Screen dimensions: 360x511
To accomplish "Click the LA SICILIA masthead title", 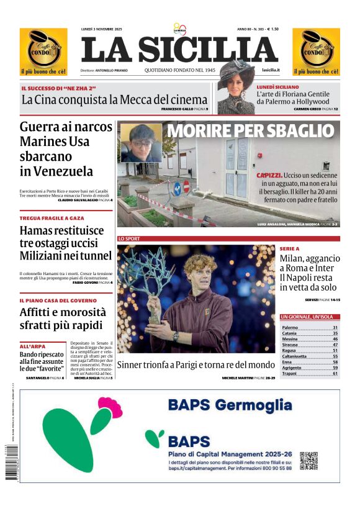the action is click(179, 49).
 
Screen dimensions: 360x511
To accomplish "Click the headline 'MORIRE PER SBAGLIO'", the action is click(250, 131).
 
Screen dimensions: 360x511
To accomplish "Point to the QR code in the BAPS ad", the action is click(308, 461).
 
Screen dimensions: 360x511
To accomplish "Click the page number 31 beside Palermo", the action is click(335, 327).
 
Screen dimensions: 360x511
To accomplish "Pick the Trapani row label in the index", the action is click(290, 373).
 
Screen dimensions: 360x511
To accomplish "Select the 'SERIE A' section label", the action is click(289, 248).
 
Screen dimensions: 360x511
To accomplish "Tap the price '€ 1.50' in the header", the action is click(270, 29).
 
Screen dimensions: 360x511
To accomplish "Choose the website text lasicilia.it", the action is click(271, 70).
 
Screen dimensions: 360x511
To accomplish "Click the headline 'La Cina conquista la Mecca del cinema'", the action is click(114, 99).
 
